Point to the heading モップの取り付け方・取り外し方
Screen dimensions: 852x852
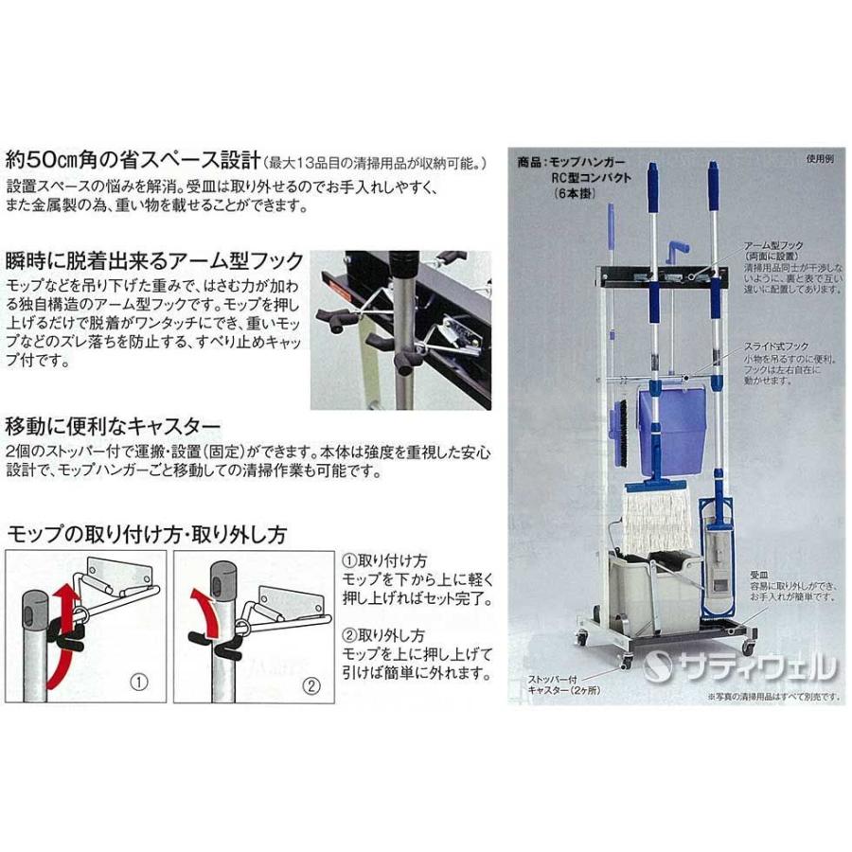coord(146,534)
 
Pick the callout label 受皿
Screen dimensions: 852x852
coord(756,574)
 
